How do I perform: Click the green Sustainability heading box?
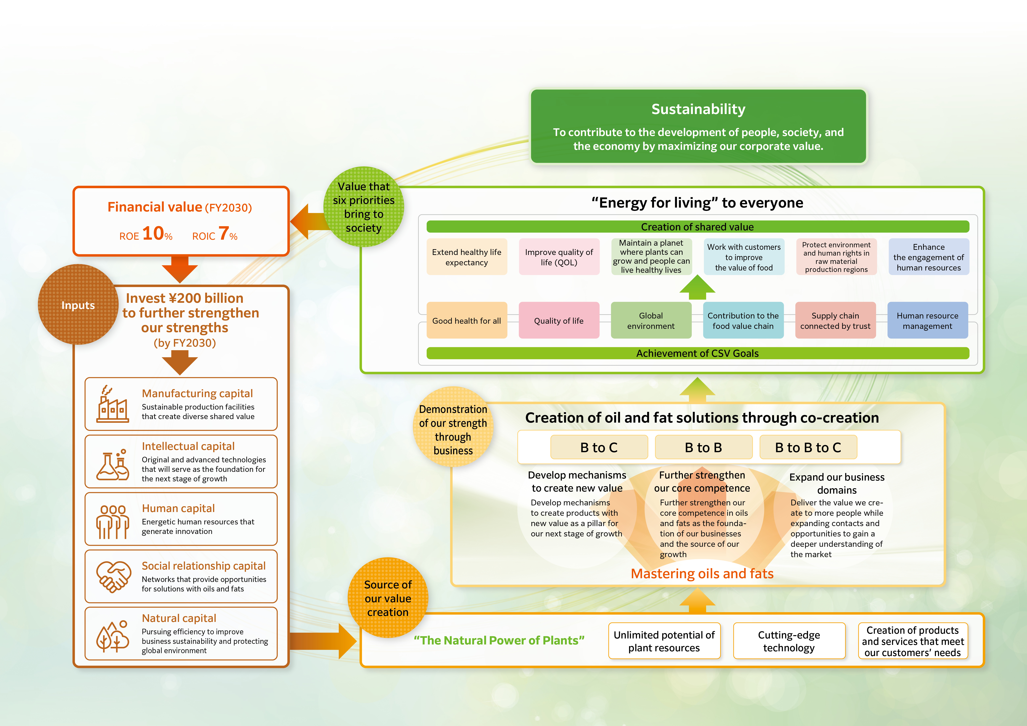698,126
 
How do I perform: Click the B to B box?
704,447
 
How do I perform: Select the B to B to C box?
808,447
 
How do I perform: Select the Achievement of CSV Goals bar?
698,353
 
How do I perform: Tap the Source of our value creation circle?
388,598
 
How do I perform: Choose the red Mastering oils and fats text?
702,573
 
